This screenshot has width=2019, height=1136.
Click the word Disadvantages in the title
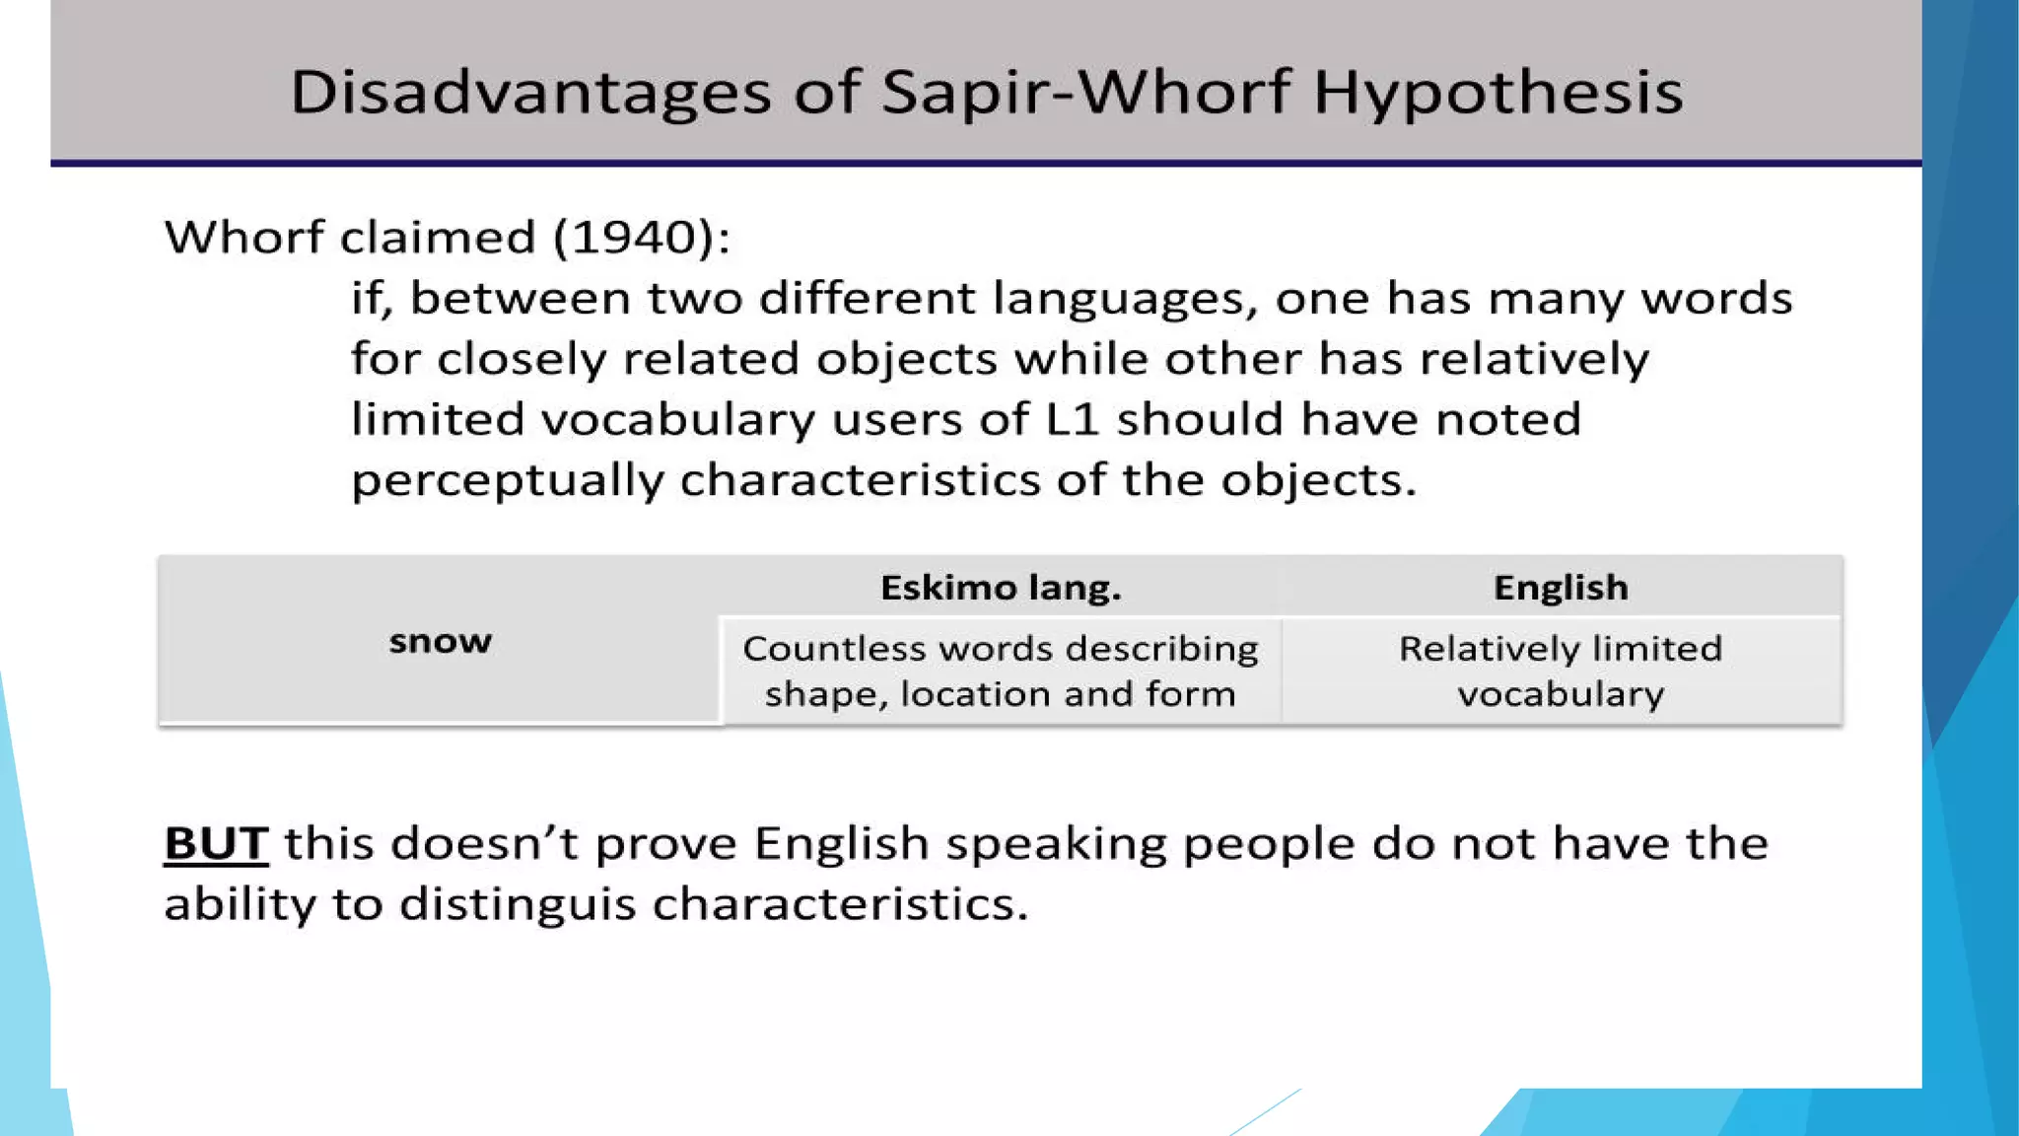(530, 93)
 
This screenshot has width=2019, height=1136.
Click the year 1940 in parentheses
(638, 238)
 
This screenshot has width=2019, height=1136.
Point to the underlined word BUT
(216, 844)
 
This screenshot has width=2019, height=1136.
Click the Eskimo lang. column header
(1001, 588)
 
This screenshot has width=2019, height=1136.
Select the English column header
(1561, 588)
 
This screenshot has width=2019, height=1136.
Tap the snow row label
(440, 642)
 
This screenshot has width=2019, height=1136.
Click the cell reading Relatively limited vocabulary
(1561, 672)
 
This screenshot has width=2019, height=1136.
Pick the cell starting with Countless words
(1001, 672)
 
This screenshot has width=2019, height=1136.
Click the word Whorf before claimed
(244, 238)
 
